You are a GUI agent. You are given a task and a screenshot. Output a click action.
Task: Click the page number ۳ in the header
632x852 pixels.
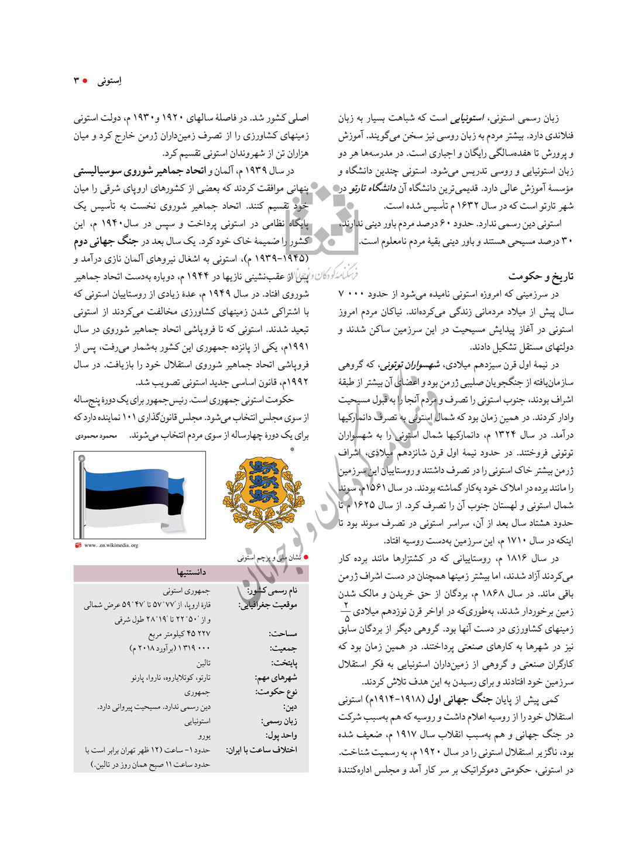pyautogui.click(x=76, y=80)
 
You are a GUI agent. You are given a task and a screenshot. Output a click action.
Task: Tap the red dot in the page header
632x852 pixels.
pyautogui.click(x=85, y=80)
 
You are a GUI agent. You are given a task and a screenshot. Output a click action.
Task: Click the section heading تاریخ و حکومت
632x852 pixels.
pyautogui.click(x=541, y=276)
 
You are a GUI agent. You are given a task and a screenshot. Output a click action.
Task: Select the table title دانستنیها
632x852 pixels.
pyautogui.click(x=191, y=572)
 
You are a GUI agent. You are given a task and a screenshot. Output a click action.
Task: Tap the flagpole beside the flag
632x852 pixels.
pyautogui.click(x=81, y=497)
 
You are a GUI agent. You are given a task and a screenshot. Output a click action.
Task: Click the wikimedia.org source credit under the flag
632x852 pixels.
pyautogui.click(x=111, y=546)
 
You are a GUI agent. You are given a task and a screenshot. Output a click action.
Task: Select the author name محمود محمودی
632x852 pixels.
pyautogui.click(x=97, y=436)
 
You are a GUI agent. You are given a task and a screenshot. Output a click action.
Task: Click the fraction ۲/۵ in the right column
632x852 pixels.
pyautogui.click(x=346, y=611)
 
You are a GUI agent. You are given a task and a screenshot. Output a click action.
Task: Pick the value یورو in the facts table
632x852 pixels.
pyautogui.click(x=204, y=736)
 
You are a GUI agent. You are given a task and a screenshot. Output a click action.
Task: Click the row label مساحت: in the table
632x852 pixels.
pyautogui.click(x=283, y=633)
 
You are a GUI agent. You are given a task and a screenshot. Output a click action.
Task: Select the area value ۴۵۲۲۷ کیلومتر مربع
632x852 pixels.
pyautogui.click(x=179, y=633)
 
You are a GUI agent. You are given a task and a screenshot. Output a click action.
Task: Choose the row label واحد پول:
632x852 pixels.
pyautogui.click(x=281, y=735)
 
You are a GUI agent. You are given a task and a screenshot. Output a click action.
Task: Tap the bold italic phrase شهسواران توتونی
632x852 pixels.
pyautogui.click(x=410, y=365)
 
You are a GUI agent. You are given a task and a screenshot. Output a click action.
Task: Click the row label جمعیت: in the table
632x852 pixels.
pyautogui.click(x=283, y=648)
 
